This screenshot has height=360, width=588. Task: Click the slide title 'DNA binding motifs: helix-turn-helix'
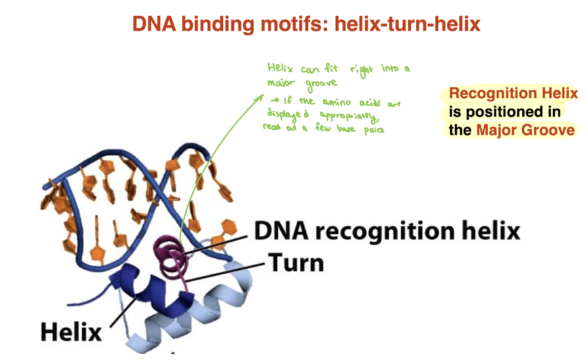[x=306, y=24]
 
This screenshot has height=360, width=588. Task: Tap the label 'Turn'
[x=296, y=264]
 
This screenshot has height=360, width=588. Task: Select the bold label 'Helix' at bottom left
[x=71, y=332]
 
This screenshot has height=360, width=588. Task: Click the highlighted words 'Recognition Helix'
[x=513, y=94]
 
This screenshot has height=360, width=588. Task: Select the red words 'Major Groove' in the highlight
[x=525, y=130]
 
